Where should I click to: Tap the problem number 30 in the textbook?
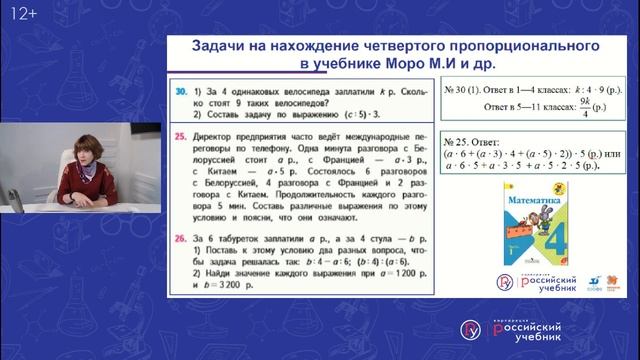(180, 89)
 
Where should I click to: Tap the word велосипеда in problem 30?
(306, 89)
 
